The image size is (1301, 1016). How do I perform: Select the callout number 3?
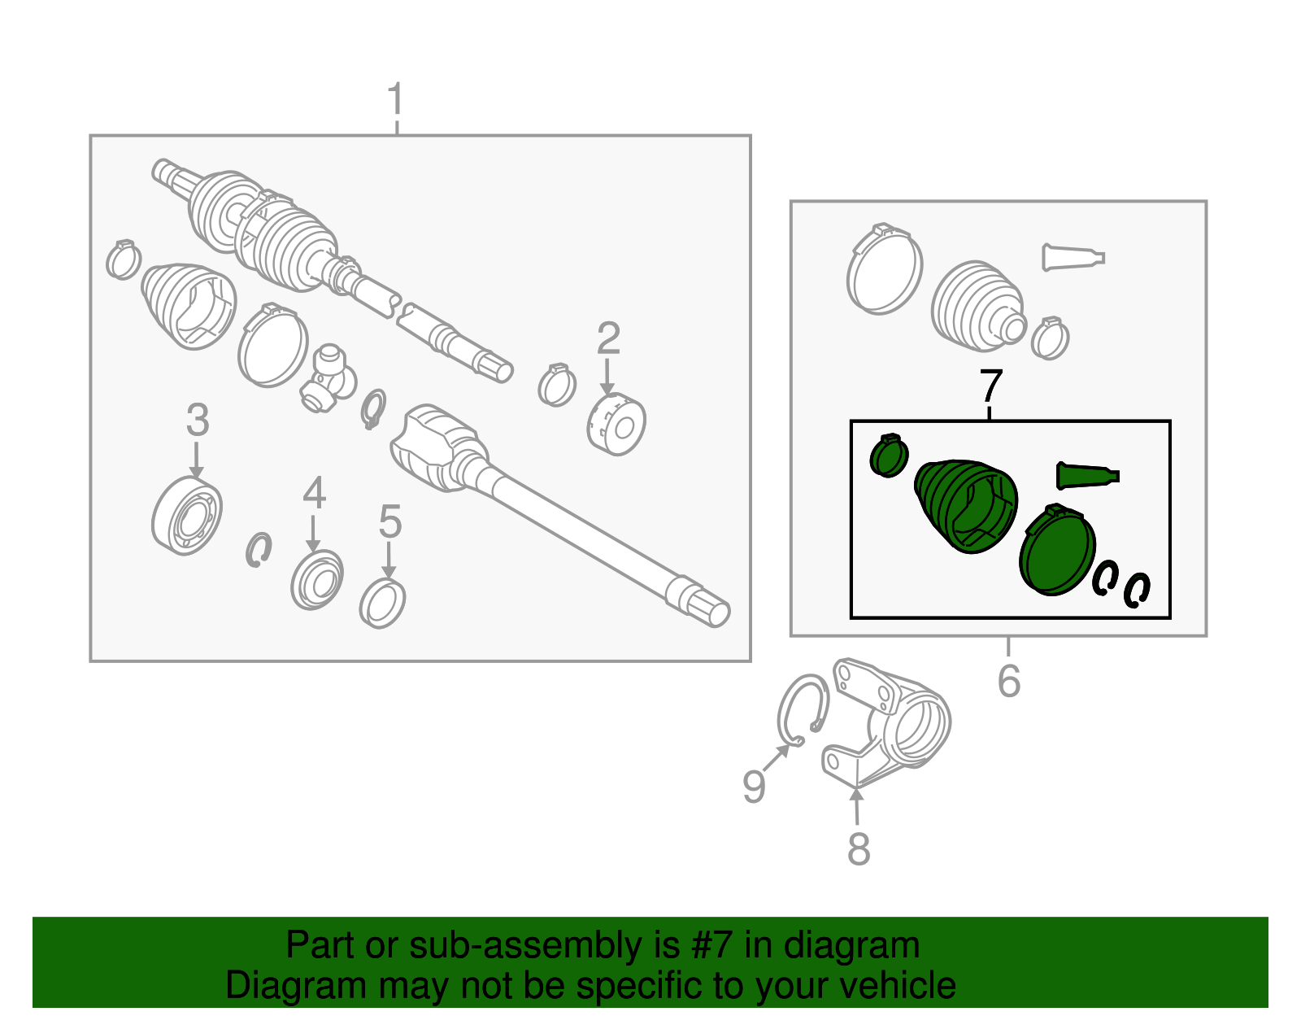coord(198,420)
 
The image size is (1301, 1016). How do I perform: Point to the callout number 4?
coord(315,493)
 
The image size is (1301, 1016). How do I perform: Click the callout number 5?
coord(389,521)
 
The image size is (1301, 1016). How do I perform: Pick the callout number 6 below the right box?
coord(1009,681)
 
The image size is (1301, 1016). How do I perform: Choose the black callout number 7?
coord(991,386)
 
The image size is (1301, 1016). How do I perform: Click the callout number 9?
coord(754,786)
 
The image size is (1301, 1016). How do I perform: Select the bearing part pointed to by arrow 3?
coord(187,516)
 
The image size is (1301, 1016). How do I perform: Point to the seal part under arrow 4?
coord(317,579)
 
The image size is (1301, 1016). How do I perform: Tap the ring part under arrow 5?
coord(383,603)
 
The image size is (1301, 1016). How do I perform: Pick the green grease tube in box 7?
coord(1087,476)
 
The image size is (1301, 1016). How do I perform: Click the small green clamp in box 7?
coord(889,456)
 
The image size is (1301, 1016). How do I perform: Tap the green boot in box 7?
coord(966,506)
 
